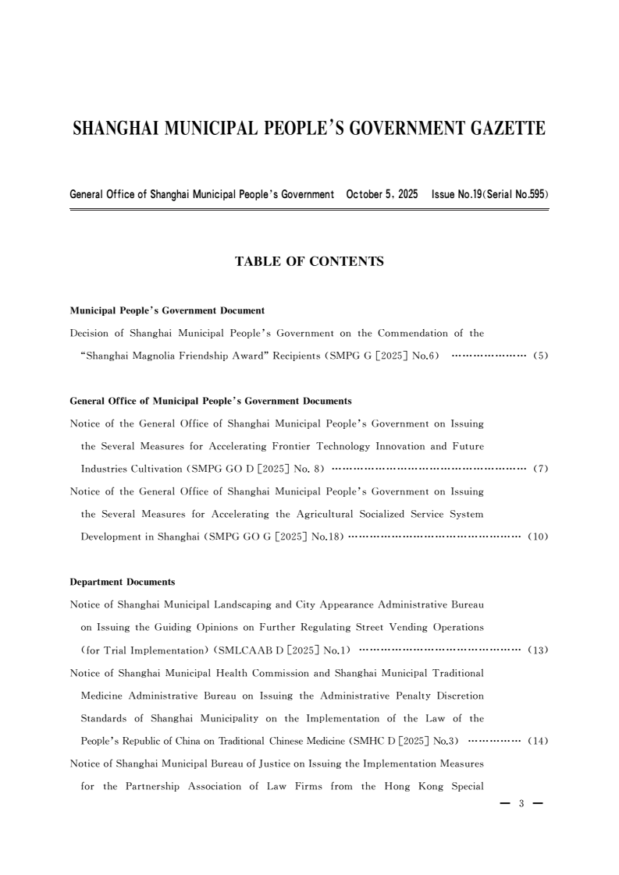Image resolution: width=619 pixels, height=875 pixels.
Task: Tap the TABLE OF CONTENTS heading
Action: (x=309, y=262)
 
